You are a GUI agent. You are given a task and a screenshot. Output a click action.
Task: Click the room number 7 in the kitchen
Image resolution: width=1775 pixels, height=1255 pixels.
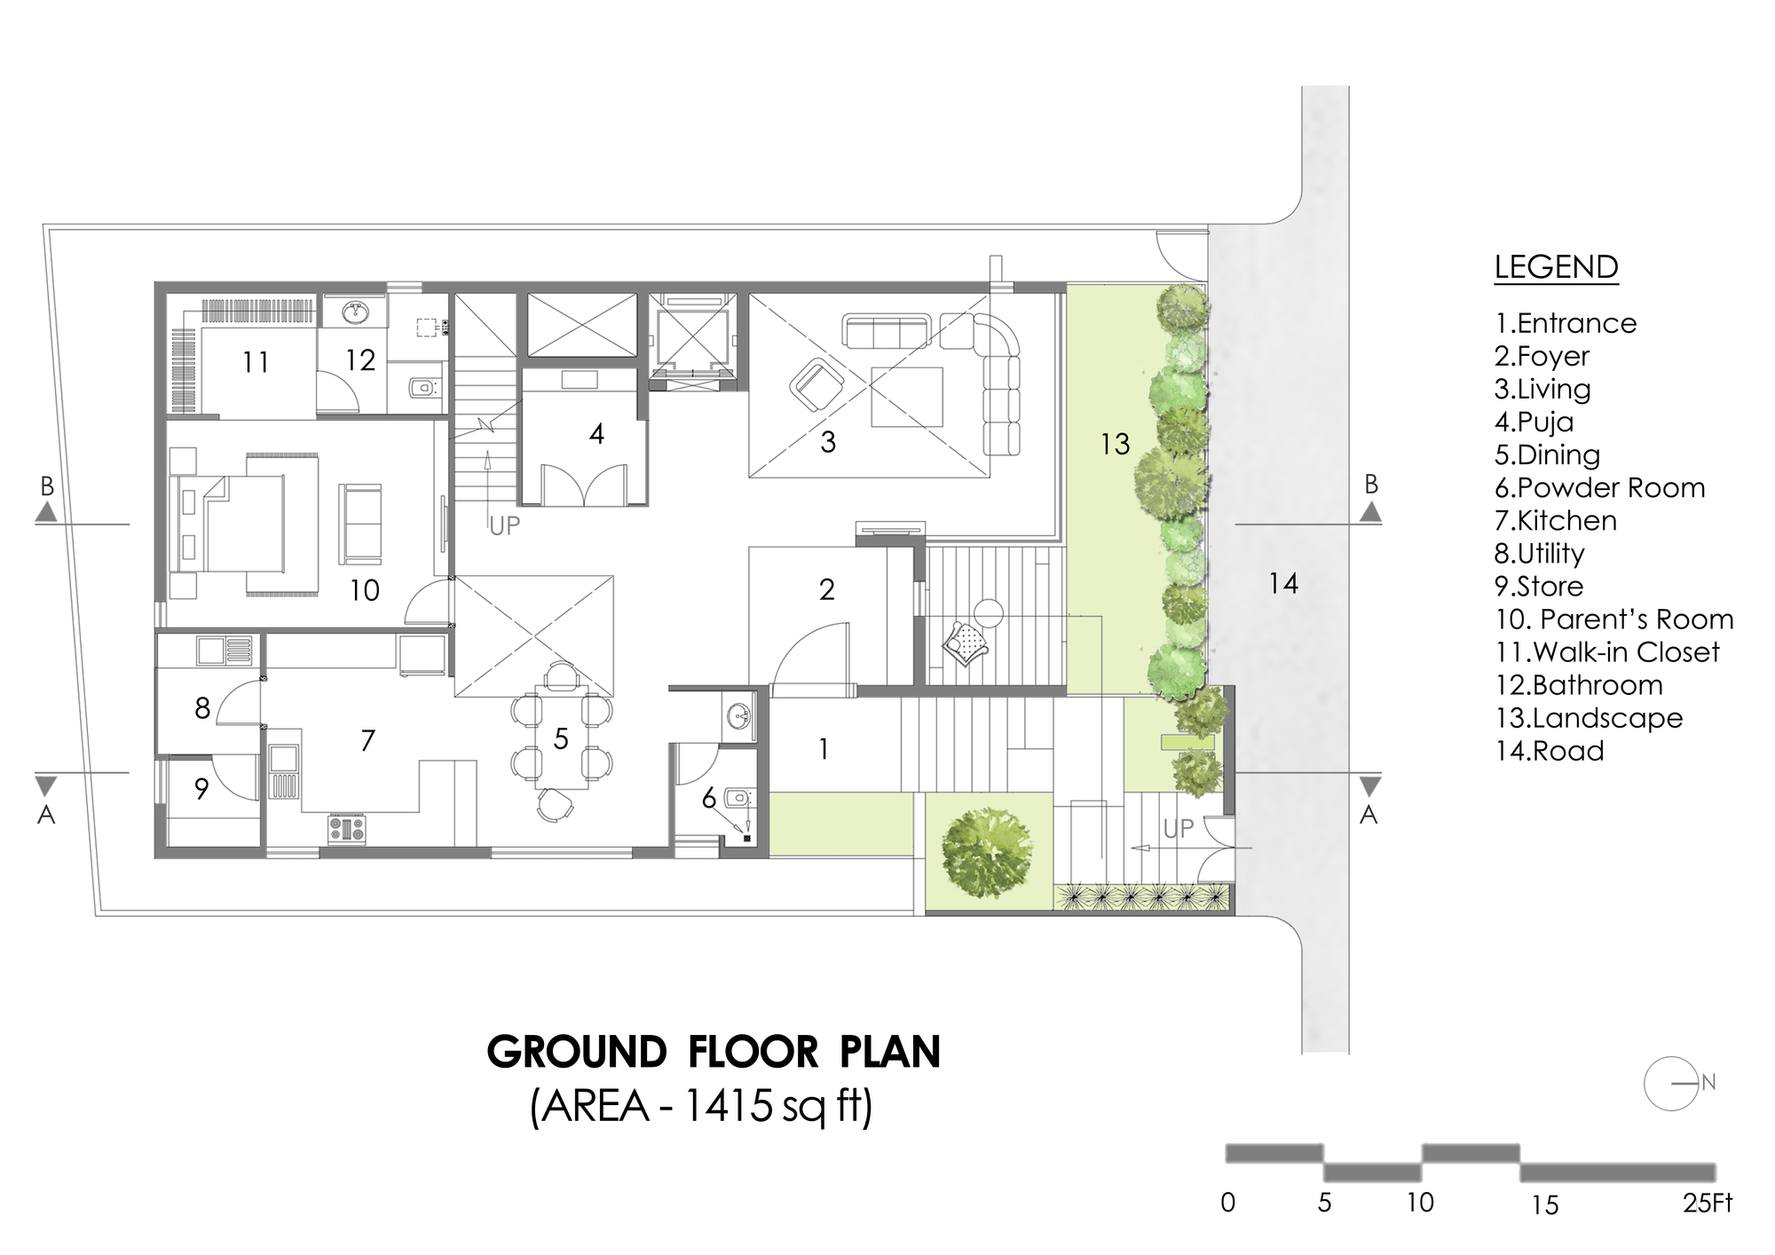pyautogui.click(x=368, y=740)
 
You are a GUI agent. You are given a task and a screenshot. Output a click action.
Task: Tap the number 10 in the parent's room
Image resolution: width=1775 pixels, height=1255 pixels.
pyautogui.click(x=365, y=590)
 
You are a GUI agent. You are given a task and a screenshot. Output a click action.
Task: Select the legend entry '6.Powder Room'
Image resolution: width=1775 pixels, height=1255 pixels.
pyautogui.click(x=1600, y=487)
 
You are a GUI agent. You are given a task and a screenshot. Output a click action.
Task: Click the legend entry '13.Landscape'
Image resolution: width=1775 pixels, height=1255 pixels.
pyautogui.click(x=1589, y=717)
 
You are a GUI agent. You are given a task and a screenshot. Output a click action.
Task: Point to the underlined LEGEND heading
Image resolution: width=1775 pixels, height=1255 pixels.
pyautogui.click(x=1557, y=267)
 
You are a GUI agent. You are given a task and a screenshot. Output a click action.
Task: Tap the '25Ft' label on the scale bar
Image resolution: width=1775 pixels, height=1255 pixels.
pyautogui.click(x=1708, y=1204)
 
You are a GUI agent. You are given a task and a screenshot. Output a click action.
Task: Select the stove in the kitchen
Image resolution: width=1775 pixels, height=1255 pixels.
pyautogui.click(x=347, y=828)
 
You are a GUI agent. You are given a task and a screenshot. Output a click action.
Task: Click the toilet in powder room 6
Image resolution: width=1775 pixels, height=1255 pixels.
pyautogui.click(x=738, y=799)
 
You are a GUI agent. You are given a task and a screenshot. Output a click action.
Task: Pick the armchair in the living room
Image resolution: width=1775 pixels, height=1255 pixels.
pyautogui.click(x=816, y=384)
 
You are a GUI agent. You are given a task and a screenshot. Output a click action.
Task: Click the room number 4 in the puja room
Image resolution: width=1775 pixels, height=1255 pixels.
pyautogui.click(x=596, y=434)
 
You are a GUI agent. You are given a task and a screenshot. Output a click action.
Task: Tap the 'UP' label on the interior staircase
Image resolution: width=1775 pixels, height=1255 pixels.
pyautogui.click(x=504, y=526)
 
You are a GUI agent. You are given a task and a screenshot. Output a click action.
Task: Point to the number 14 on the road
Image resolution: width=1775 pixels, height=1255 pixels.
pyautogui.click(x=1283, y=583)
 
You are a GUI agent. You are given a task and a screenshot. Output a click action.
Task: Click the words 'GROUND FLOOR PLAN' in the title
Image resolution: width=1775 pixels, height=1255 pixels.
pyautogui.click(x=714, y=1052)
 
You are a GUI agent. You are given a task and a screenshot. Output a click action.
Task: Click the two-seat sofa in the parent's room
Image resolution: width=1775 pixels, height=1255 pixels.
pyautogui.click(x=359, y=524)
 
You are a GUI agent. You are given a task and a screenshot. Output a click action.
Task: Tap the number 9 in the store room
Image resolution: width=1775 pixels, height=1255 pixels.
pyautogui.click(x=201, y=789)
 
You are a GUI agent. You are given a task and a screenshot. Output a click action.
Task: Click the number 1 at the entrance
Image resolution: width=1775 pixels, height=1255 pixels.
pyautogui.click(x=824, y=750)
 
